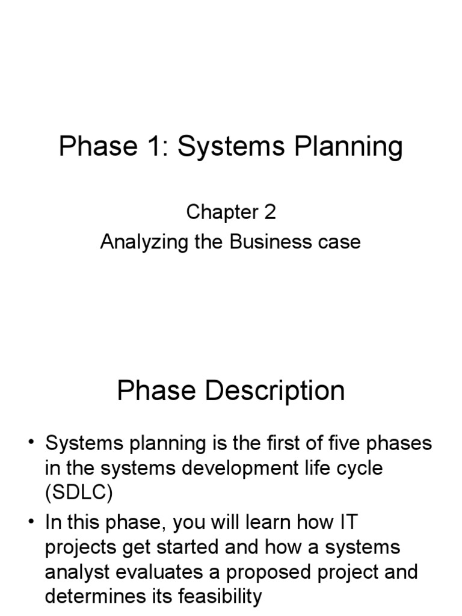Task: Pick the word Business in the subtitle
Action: (x=268, y=242)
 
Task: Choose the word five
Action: (x=354, y=444)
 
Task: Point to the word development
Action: (x=238, y=469)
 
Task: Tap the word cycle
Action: (x=356, y=469)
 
